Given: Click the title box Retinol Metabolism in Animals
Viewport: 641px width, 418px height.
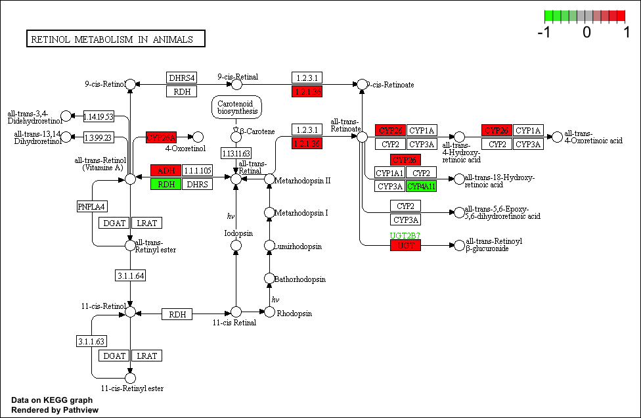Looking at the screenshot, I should tap(116, 39).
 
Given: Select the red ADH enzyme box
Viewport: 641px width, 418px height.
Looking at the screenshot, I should tap(166, 171).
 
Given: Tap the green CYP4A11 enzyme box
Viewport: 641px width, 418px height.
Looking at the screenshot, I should tap(422, 186).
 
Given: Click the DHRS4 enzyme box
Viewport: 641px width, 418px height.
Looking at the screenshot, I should tap(182, 78).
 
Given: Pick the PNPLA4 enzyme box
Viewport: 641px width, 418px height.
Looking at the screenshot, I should tap(92, 207).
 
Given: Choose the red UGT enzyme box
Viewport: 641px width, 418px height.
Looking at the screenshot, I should tap(405, 245).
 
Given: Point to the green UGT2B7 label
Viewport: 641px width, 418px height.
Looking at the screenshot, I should tap(405, 235).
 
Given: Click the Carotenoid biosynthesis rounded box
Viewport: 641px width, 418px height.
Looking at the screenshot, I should tap(236, 107).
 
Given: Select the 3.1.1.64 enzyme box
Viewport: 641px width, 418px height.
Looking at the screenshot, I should tap(130, 275).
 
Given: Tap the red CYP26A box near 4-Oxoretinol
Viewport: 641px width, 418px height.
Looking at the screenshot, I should tap(162, 137).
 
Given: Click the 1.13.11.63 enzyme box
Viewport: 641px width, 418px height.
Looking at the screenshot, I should tap(236, 153).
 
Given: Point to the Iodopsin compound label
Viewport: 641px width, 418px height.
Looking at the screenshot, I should tap(238, 233).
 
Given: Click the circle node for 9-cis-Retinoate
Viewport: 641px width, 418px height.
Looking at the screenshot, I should tap(361, 84).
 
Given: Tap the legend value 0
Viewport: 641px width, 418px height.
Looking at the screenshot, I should tap(586, 32).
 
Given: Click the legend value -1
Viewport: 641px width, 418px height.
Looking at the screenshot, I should tap(544, 32).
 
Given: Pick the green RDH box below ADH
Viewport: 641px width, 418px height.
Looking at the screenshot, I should tap(166, 185).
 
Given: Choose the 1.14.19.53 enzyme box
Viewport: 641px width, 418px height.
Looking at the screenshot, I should tap(99, 116).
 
